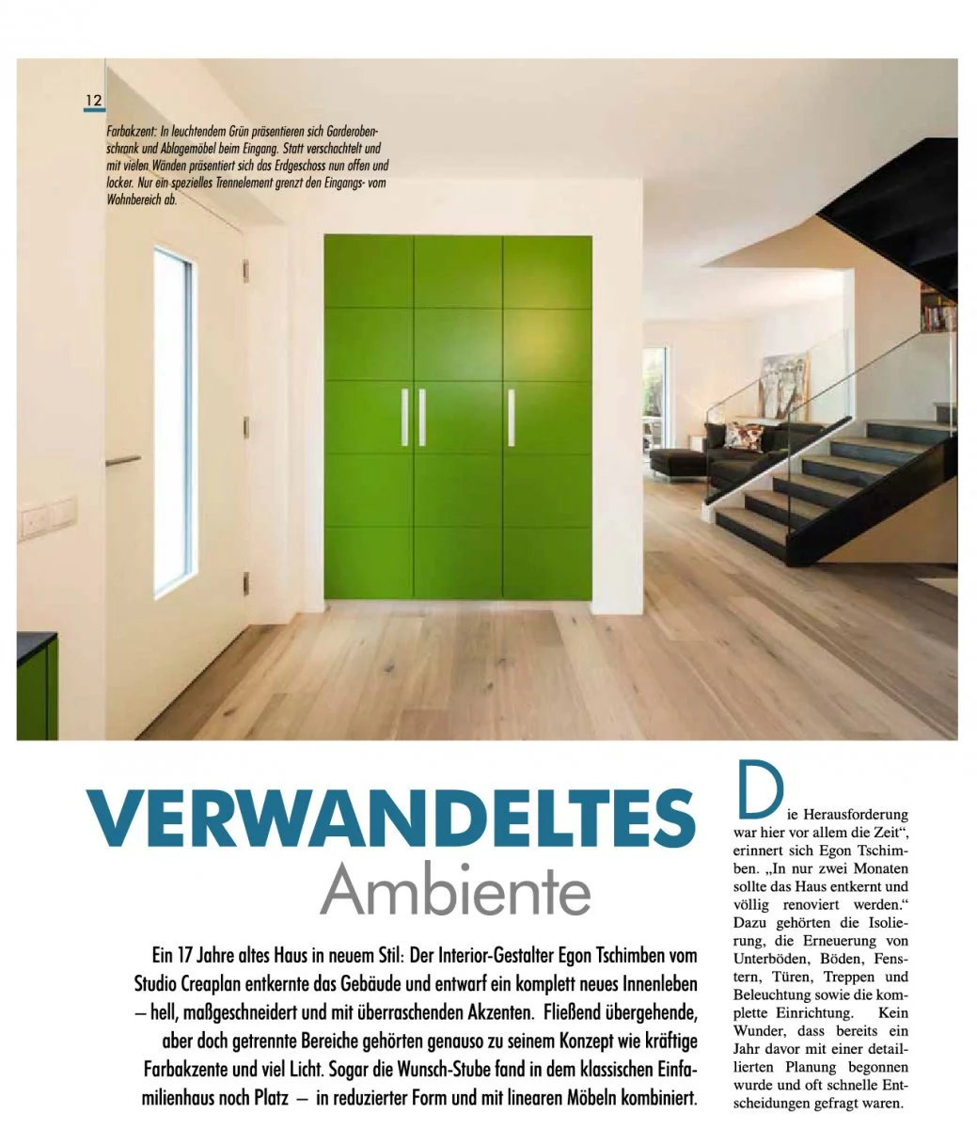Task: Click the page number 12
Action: pyautogui.click(x=94, y=100)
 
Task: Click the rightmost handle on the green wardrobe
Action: pyautogui.click(x=511, y=417)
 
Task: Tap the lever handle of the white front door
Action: pyautogui.click(x=121, y=461)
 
